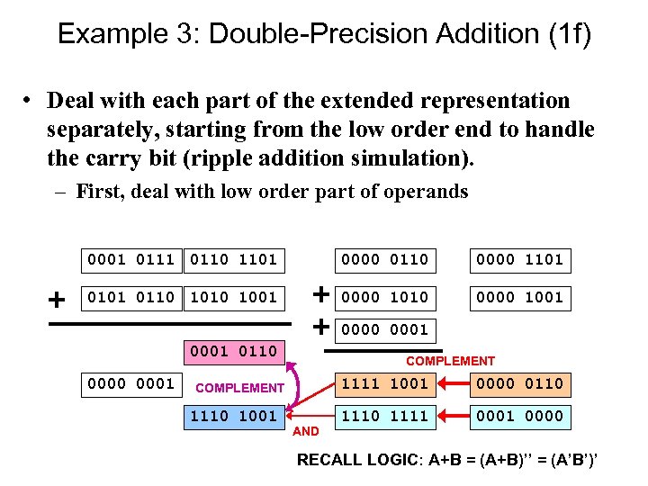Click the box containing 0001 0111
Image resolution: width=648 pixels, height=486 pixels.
point(131,260)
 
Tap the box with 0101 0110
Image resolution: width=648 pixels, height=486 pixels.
point(131,297)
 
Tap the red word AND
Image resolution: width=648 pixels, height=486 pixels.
point(306,432)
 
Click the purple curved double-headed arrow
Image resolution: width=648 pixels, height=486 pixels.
point(297,382)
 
